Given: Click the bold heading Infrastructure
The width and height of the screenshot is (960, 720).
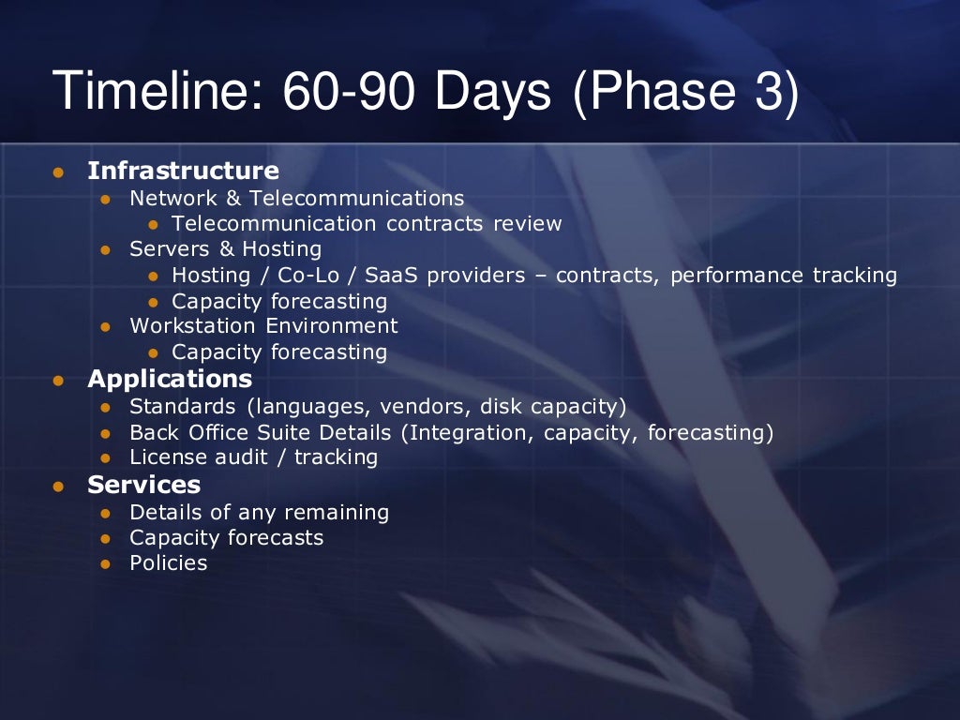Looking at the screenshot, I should tap(183, 171).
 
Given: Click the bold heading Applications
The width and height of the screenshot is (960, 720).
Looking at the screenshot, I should tap(170, 379).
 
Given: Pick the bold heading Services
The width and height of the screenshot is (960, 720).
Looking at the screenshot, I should tap(144, 485).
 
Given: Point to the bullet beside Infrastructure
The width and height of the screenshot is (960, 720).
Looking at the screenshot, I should tap(58, 172).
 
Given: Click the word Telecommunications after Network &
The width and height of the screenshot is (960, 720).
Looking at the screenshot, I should tap(356, 198).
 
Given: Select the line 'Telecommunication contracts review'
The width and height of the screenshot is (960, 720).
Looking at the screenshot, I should tap(367, 223).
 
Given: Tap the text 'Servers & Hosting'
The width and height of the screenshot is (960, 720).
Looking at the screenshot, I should tap(225, 248).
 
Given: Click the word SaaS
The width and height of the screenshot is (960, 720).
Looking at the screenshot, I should tap(391, 275).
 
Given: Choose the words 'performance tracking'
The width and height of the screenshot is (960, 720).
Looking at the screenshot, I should tap(783, 275).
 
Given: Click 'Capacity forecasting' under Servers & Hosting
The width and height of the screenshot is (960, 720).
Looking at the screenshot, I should tap(279, 301).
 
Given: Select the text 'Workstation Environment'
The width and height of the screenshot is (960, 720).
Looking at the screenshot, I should tap(263, 325).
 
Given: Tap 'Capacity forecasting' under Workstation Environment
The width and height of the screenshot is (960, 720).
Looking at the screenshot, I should tap(279, 352).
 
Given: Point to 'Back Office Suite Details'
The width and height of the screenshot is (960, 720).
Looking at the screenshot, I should tap(260, 432).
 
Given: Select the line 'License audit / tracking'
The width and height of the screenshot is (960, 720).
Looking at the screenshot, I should tap(253, 457).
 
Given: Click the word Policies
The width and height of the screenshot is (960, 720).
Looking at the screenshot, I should tap(169, 562).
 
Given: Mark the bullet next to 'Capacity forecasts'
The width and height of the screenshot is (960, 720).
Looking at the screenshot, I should tap(106, 539).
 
